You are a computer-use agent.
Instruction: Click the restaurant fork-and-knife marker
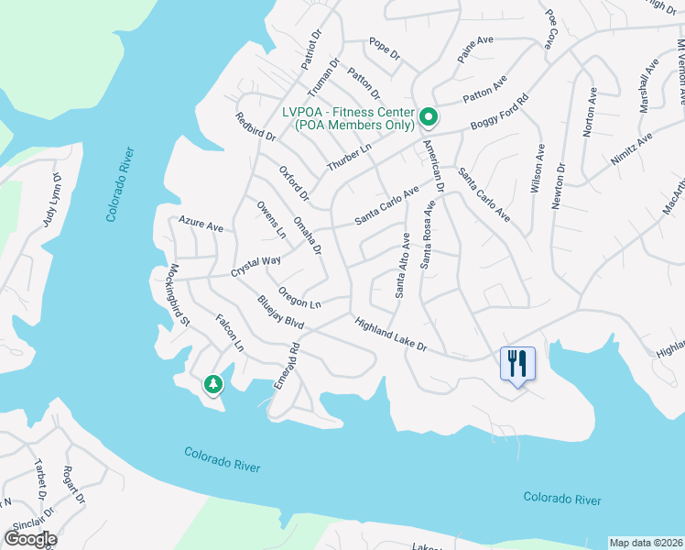click(517, 363)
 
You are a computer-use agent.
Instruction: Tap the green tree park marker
click(213, 384)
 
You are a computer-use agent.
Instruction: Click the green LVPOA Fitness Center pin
click(429, 116)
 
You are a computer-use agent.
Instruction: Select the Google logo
click(30, 539)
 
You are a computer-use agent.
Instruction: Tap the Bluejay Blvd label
click(279, 311)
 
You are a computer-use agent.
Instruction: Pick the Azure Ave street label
click(201, 225)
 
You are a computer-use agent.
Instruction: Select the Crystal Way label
click(256, 261)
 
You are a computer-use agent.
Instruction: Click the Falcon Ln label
click(229, 333)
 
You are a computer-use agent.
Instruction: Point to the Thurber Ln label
click(351, 159)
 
